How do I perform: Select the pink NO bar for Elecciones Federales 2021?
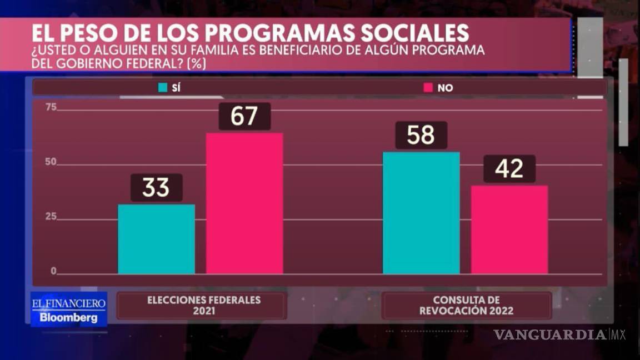coord(244,203)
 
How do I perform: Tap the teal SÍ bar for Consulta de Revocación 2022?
coord(421,213)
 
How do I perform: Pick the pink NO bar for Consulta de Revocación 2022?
coord(509,229)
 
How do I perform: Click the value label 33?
coord(156,188)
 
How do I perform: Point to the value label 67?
coord(244,117)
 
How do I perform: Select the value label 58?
coord(421,135)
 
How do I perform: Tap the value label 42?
coord(509,169)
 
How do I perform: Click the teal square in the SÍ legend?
coord(163,88)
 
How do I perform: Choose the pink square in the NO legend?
coord(428,88)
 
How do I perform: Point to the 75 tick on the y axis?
coord(51,108)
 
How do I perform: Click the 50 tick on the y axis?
coord(51,162)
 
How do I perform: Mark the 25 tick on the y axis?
coord(51,217)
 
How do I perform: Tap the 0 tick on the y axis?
coord(54,271)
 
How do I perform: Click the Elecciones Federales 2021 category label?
coord(203,305)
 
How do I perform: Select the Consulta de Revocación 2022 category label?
coord(466,305)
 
